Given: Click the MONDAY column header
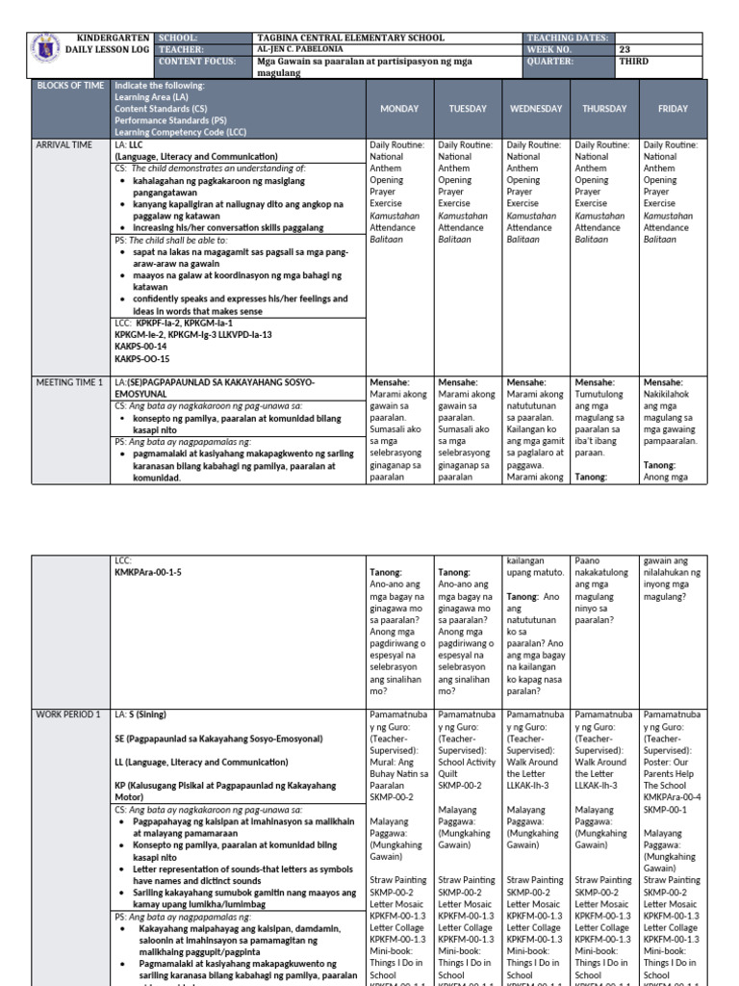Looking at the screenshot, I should pyautogui.click(x=399, y=109).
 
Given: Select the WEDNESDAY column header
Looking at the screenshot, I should pyautogui.click(x=536, y=109).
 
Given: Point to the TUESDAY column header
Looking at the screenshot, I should pyautogui.click(x=468, y=109).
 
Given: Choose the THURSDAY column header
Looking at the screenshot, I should pyautogui.click(x=604, y=109).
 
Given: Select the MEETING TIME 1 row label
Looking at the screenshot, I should pyautogui.click(x=68, y=382).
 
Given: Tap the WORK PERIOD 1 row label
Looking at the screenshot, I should pyautogui.click(x=67, y=714).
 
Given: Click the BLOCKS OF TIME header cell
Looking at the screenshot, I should pyautogui.click(x=70, y=86).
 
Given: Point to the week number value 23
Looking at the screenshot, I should pyautogui.click(x=624, y=49).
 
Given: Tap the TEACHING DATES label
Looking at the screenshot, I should pyautogui.click(x=567, y=38).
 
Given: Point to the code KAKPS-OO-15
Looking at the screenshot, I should pyautogui.click(x=140, y=357).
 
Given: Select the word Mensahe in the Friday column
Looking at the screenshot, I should pyautogui.click(x=664, y=382).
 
